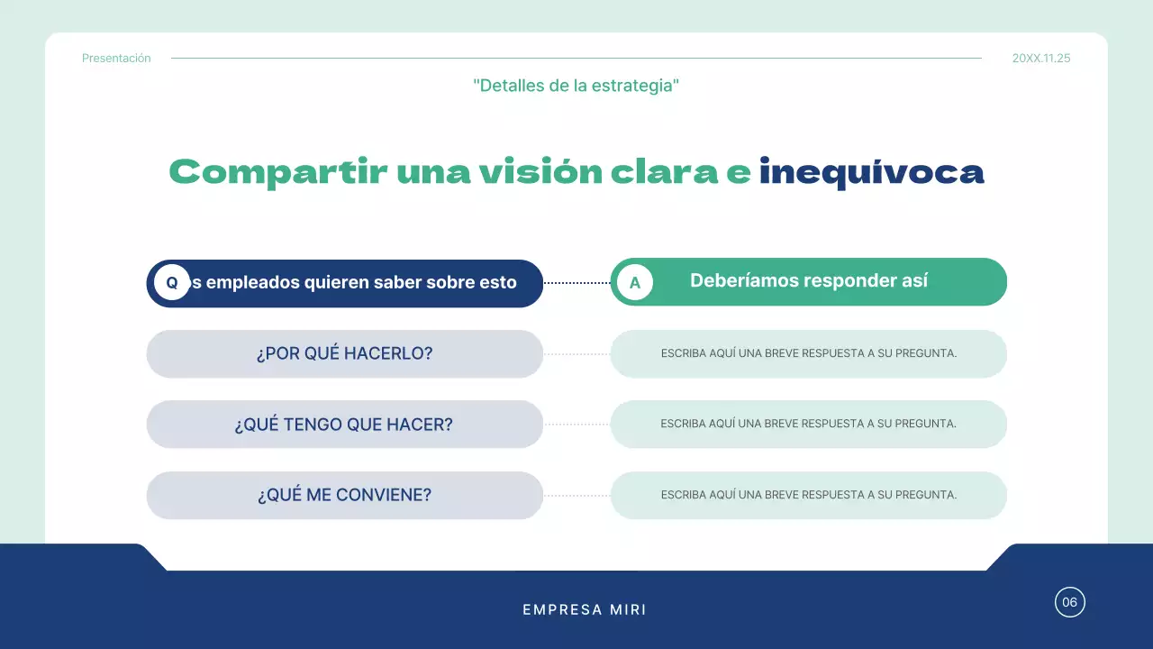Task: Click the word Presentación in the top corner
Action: point(116,59)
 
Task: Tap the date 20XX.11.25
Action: point(1041,59)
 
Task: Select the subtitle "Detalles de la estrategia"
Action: point(576,86)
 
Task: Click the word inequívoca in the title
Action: point(871,171)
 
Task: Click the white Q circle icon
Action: point(172,282)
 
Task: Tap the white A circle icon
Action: point(635,282)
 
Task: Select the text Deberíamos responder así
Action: point(808,280)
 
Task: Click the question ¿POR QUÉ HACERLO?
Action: point(344,353)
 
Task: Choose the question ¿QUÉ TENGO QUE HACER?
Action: point(344,425)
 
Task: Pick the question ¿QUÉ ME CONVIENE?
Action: point(344,495)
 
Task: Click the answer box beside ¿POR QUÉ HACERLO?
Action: point(808,353)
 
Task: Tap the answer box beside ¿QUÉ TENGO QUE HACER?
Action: point(808,424)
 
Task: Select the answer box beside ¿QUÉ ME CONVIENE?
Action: point(808,495)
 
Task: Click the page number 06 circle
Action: point(1069,602)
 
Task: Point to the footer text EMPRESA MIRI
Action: point(585,610)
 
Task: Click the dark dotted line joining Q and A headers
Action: point(576,283)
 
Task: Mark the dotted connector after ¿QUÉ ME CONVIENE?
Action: point(576,496)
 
